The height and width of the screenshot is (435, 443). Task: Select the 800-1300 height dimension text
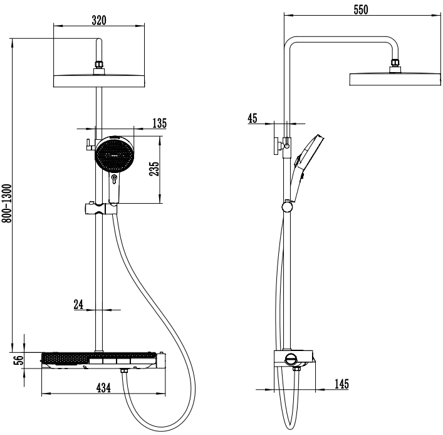6,207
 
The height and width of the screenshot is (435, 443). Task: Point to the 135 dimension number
159,123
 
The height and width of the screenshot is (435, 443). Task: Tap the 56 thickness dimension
19,360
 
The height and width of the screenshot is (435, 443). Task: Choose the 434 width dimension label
103,388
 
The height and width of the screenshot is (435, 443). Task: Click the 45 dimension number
253,118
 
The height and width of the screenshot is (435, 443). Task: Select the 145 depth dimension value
341,384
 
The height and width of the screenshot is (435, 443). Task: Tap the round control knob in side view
291,359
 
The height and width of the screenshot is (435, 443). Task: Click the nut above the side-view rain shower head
394,65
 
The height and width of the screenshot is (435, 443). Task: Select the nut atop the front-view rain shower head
98,65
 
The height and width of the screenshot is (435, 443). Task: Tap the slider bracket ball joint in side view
286,206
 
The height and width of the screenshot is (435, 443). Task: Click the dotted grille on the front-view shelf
64,359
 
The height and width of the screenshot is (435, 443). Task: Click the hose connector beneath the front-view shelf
125,373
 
